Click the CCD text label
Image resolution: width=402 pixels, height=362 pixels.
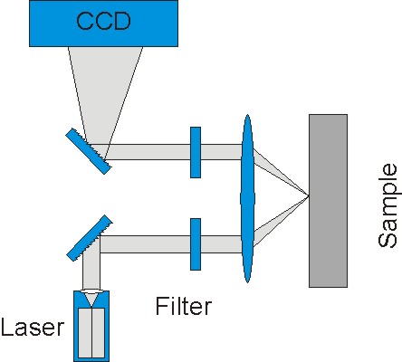pyautogui.click(x=103, y=21)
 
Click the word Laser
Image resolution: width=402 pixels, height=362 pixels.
pyautogui.click(x=33, y=328)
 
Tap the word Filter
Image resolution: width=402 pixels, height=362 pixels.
pyautogui.click(x=184, y=306)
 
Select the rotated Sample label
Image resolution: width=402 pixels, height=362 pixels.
pyautogui.click(x=388, y=205)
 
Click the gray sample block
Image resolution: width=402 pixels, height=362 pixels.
pyautogui.click(x=328, y=201)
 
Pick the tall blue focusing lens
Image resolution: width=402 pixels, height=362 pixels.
pyautogui.click(x=247, y=198)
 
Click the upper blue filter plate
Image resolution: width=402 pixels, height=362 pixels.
pyautogui.click(x=196, y=152)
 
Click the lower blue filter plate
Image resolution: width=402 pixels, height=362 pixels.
pyautogui.click(x=196, y=244)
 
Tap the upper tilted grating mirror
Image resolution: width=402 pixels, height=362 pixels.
pyautogui.click(x=88, y=151)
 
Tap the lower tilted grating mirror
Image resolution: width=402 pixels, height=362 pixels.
pyautogui.click(x=90, y=238)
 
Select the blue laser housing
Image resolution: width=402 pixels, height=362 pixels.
pyautogui.click(x=91, y=326)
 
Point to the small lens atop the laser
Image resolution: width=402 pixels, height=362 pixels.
pyautogui.click(x=91, y=292)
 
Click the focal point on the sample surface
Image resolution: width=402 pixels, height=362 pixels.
pyautogui.click(x=309, y=196)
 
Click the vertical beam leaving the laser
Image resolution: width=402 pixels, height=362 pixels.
pyautogui.click(x=91, y=265)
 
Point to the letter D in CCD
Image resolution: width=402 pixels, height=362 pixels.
pyautogui.click(x=122, y=21)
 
